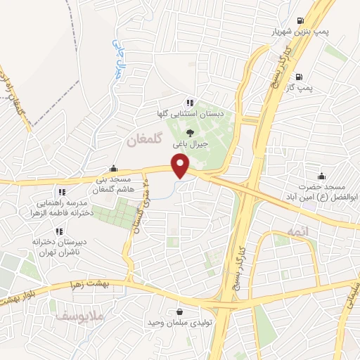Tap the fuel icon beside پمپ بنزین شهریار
(300, 20)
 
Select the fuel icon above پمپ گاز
(300, 77)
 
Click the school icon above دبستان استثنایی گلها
(190, 102)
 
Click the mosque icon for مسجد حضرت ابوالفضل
(321, 176)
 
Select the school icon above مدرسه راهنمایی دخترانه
(62, 191)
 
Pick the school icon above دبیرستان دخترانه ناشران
(59, 231)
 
